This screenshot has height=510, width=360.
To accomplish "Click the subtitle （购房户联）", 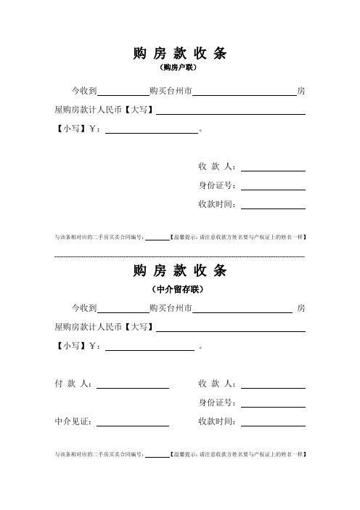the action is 179,68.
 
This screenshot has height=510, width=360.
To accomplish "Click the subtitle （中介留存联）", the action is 179,289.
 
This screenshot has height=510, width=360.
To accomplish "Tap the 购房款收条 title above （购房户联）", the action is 179,52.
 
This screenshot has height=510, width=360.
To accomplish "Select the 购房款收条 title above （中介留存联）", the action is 179,271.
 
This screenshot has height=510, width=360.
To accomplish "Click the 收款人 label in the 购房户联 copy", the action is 217,166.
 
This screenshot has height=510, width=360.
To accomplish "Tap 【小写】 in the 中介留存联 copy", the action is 71,347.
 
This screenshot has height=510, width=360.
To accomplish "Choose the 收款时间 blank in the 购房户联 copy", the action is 273,207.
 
